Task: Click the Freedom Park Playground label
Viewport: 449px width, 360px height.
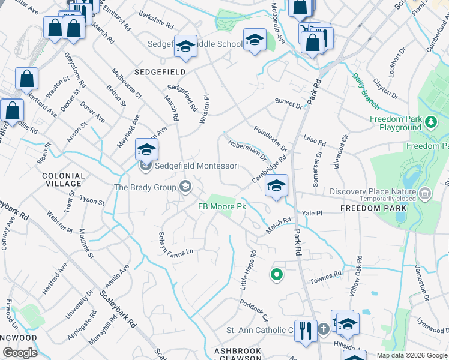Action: click(396, 124)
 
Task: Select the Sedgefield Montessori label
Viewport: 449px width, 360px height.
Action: click(197, 166)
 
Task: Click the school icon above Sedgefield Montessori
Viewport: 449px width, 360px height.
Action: click(146, 150)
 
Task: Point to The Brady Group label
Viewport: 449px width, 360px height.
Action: click(145, 187)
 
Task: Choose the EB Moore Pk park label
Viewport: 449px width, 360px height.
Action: click(223, 207)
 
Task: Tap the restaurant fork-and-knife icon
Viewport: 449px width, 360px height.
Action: click(306, 331)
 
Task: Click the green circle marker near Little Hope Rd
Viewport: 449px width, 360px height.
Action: click(277, 275)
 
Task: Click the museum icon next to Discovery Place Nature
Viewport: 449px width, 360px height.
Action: click(425, 193)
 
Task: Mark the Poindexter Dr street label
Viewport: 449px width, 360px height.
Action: click(270, 139)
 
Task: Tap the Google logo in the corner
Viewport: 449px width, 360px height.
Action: click(20, 353)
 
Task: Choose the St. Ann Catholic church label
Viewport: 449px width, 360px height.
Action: click(259, 330)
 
